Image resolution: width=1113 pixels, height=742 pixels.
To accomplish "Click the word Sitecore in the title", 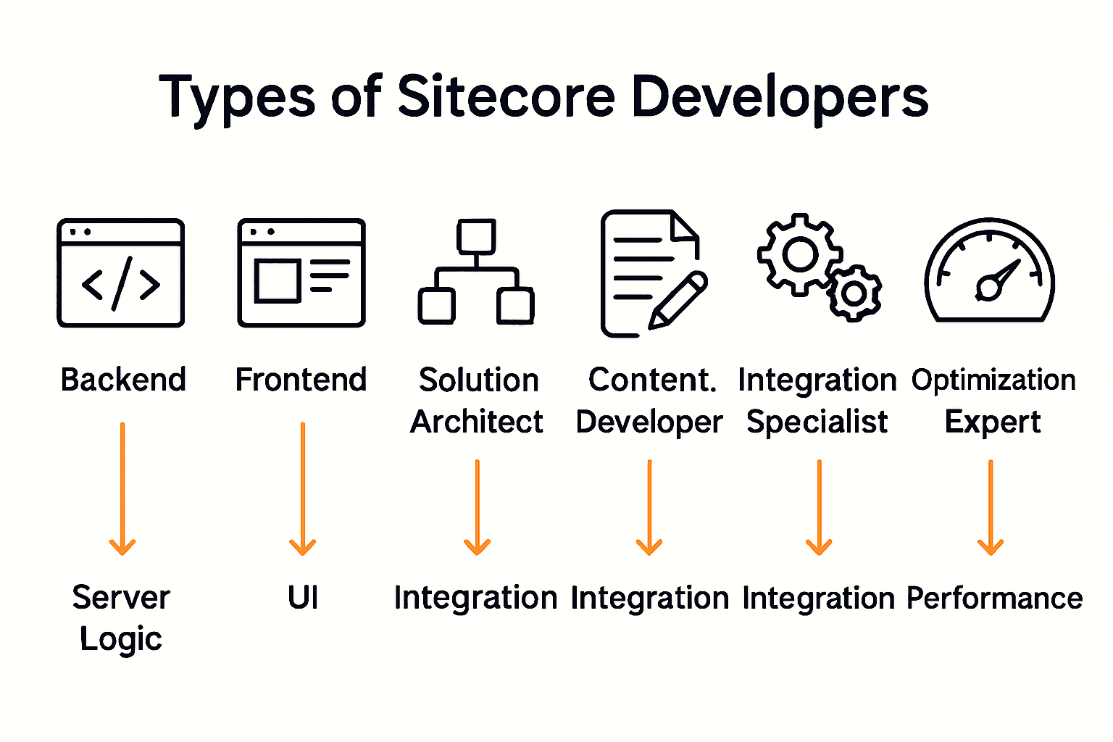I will [507, 96].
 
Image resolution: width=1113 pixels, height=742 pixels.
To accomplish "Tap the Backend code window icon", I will [121, 273].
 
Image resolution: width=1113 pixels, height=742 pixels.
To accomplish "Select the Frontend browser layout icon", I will [301, 273].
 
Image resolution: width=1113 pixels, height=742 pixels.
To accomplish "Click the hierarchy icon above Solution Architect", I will [476, 272].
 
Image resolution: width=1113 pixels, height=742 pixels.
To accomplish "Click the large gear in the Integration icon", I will [799, 254].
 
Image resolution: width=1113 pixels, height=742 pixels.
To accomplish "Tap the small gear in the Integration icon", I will [855, 293].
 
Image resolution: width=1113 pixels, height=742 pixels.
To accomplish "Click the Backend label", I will [123, 380].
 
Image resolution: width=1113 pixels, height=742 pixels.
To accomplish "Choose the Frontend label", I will [301, 380].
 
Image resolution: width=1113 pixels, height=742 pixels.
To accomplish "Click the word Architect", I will [477, 422].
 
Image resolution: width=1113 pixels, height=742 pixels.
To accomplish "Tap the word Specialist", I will [817, 422].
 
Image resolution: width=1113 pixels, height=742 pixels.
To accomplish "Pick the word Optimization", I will [993, 380].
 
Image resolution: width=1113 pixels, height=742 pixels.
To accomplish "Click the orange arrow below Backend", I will [122, 489].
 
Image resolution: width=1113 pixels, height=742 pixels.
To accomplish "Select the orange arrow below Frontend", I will [302, 489].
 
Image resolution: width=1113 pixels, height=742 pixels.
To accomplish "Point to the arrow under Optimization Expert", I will [991, 507].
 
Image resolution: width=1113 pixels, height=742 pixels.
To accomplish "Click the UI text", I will [303, 598].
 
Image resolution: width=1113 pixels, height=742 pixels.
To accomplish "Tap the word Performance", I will [994, 599].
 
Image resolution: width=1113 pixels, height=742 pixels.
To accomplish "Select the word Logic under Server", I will [121, 639].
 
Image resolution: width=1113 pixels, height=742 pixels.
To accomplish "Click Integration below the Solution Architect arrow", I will [476, 599].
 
